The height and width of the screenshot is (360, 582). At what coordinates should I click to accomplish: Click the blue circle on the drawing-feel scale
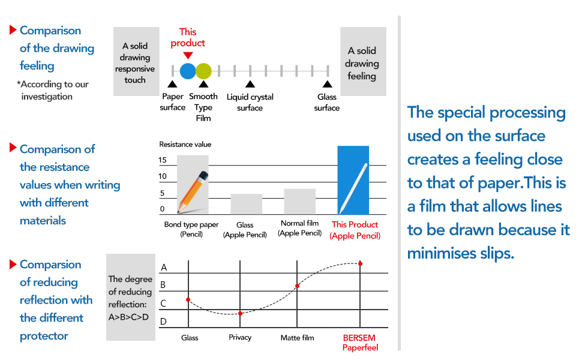[188, 71]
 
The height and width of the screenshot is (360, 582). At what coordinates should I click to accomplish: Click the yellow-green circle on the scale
[203, 71]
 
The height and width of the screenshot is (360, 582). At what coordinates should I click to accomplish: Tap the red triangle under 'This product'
[188, 55]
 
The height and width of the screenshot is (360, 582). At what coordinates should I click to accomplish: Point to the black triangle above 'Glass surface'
[327, 85]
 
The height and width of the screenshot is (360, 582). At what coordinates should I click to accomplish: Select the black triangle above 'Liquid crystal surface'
[250, 85]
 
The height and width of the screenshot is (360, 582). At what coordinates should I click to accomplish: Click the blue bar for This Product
[353, 180]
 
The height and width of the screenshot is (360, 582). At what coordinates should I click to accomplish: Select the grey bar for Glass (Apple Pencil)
[246, 204]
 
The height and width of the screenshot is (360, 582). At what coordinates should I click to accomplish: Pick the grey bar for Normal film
[299, 202]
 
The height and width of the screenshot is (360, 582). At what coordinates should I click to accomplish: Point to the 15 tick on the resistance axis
[163, 160]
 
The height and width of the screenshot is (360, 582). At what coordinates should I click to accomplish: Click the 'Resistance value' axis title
[185, 145]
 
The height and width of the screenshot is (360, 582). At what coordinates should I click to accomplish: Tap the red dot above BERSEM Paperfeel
[361, 263]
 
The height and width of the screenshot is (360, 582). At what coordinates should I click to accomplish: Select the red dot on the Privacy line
[240, 313]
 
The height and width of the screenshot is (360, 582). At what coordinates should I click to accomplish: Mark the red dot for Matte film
[297, 286]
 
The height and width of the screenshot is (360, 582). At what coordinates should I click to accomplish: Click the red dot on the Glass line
[188, 299]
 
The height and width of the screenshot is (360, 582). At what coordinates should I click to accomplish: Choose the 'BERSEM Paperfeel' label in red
[361, 343]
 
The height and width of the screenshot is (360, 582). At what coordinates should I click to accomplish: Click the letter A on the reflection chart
[163, 268]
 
